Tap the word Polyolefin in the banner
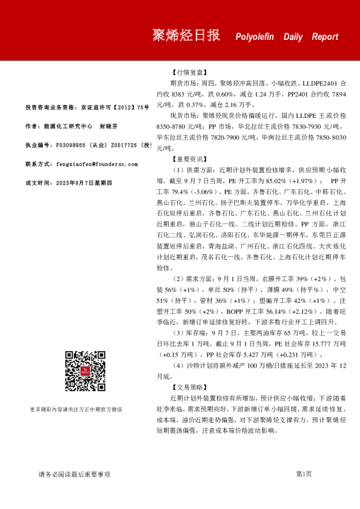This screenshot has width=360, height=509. pos(254,37)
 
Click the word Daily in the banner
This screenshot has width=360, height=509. pos(293,37)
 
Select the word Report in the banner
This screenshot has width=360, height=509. pos(325,37)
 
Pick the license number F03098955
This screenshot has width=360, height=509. pos(72,146)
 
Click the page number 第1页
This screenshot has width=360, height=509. pos(304,475)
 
